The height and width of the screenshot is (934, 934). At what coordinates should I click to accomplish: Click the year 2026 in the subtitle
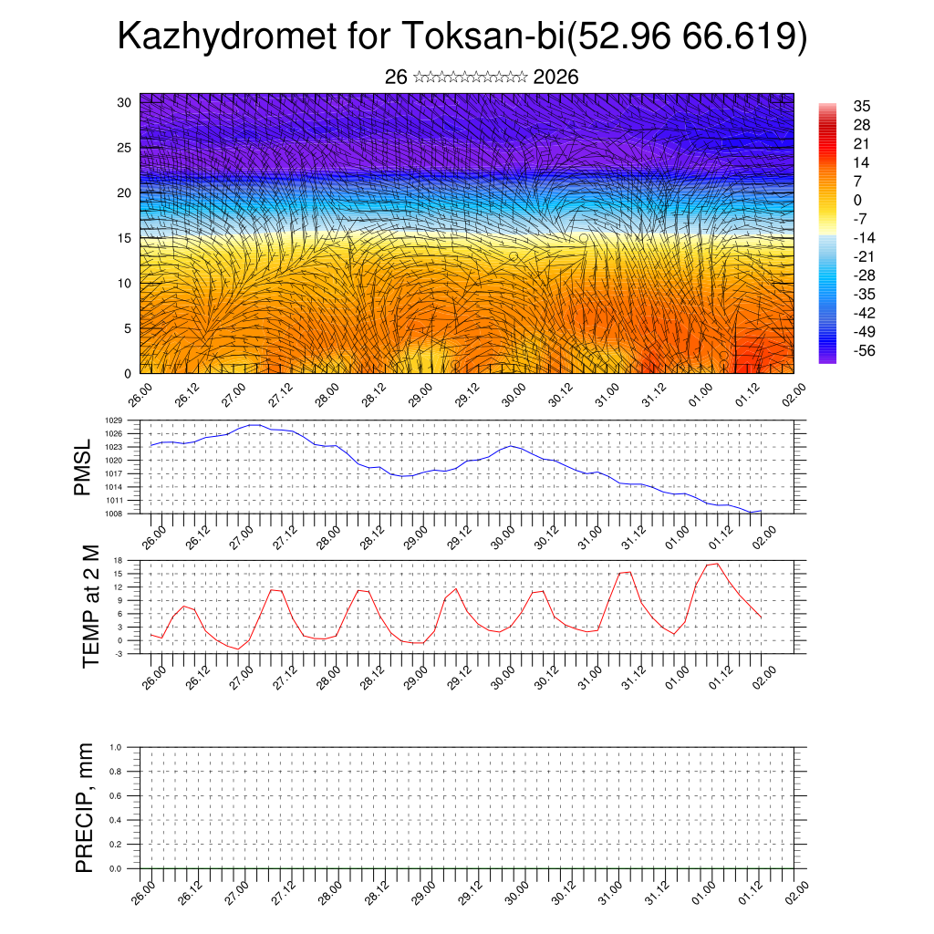coord(555,78)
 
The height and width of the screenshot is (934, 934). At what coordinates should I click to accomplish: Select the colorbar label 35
coord(862,106)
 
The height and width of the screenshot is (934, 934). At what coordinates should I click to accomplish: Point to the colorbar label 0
coord(857,200)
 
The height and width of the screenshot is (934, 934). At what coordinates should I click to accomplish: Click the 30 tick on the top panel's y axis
coord(125,102)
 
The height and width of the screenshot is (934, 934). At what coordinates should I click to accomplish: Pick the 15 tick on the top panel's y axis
coord(125,238)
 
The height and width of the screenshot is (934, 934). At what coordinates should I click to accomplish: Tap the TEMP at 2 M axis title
coord(90,607)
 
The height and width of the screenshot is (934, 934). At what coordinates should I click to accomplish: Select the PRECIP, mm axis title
coord(85,807)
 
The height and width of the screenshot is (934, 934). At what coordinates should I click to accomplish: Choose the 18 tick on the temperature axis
coord(119,560)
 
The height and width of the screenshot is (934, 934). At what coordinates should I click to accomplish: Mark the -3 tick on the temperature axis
coord(119,654)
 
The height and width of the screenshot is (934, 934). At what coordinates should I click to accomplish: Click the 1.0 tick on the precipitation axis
coord(116,746)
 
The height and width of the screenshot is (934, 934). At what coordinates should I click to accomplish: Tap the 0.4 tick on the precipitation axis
coord(116,820)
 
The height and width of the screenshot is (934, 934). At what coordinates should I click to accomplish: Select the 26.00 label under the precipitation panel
coord(142,893)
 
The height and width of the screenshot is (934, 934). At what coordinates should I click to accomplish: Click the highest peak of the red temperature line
coord(718,564)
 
